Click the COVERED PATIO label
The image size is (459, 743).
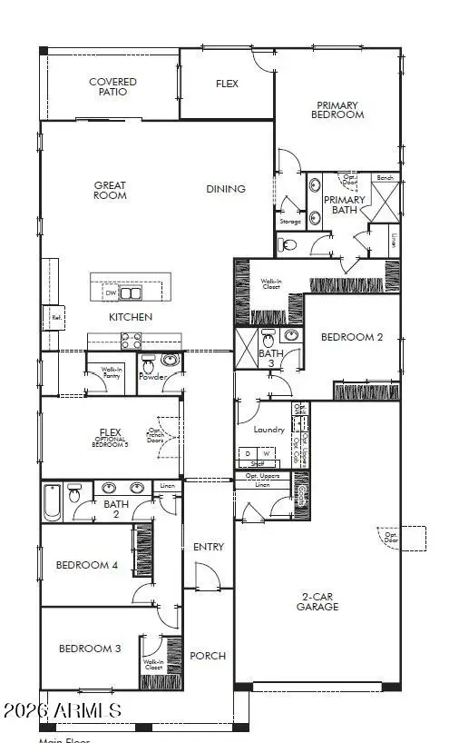[x=112, y=87]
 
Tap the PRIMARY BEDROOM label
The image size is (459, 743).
[x=337, y=110]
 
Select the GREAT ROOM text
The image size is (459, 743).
[x=110, y=190]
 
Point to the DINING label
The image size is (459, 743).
[x=226, y=189]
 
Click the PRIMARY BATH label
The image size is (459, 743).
[x=345, y=204]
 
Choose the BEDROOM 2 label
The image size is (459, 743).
[x=352, y=337]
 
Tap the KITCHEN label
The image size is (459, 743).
[x=131, y=317]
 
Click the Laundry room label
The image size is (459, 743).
[x=269, y=429]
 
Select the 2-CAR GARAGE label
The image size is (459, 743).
[x=317, y=601]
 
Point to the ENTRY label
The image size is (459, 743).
[x=209, y=547]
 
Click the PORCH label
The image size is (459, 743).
[x=209, y=656]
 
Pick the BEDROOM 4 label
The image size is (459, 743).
[x=87, y=565]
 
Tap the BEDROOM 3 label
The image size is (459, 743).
[x=90, y=649]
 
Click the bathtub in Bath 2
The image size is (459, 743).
[x=53, y=503]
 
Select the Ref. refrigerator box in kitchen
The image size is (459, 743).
[x=56, y=318]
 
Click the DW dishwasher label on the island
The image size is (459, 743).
[x=111, y=293]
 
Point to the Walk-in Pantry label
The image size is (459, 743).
[x=112, y=372]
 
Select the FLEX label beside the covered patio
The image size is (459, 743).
[x=227, y=84]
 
